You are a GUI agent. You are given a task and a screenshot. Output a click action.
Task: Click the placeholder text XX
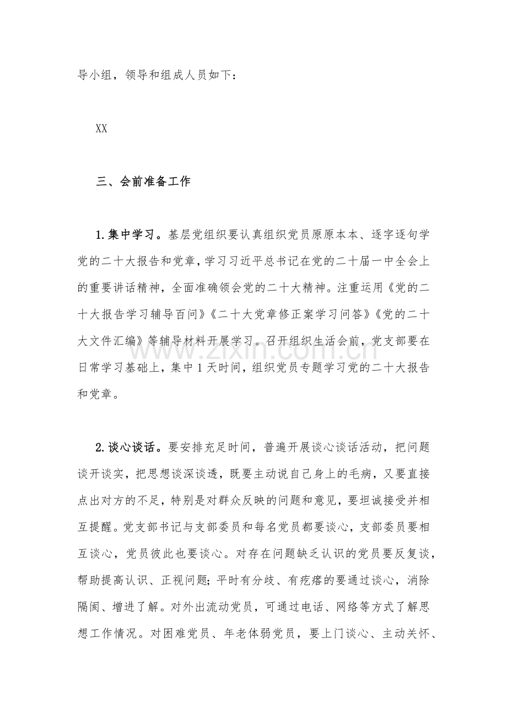(x=101, y=129)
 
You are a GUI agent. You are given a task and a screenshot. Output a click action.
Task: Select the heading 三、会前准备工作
(x=143, y=182)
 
